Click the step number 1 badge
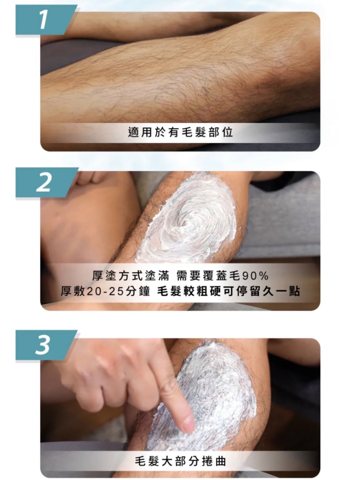[x=46, y=20]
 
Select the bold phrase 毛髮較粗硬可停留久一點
[x=229, y=291]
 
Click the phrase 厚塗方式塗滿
[x=130, y=276]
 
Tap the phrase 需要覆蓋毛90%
[x=222, y=276]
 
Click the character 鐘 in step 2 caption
[x=144, y=291]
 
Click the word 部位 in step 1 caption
[x=220, y=133]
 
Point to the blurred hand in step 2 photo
[x=88, y=219]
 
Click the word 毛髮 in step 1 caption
[x=193, y=133]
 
